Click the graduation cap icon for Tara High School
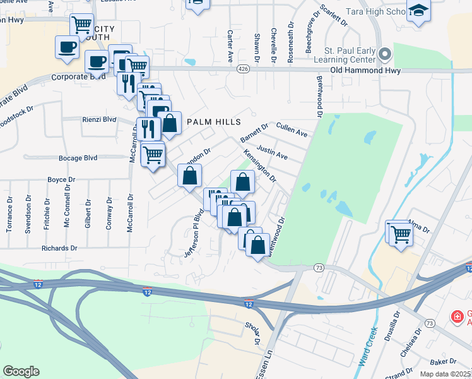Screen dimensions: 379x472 point(418,11)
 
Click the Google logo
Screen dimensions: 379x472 point(21,371)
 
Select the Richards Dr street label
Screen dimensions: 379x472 point(59,248)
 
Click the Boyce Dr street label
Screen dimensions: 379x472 point(61,179)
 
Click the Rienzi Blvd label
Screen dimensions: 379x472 point(99,119)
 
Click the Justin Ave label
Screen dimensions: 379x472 point(272,152)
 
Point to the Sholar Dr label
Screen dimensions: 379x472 point(252,332)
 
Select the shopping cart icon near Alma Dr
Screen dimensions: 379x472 point(400,233)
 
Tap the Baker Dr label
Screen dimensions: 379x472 point(444,361)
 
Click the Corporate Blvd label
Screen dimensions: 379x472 point(78,76)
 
